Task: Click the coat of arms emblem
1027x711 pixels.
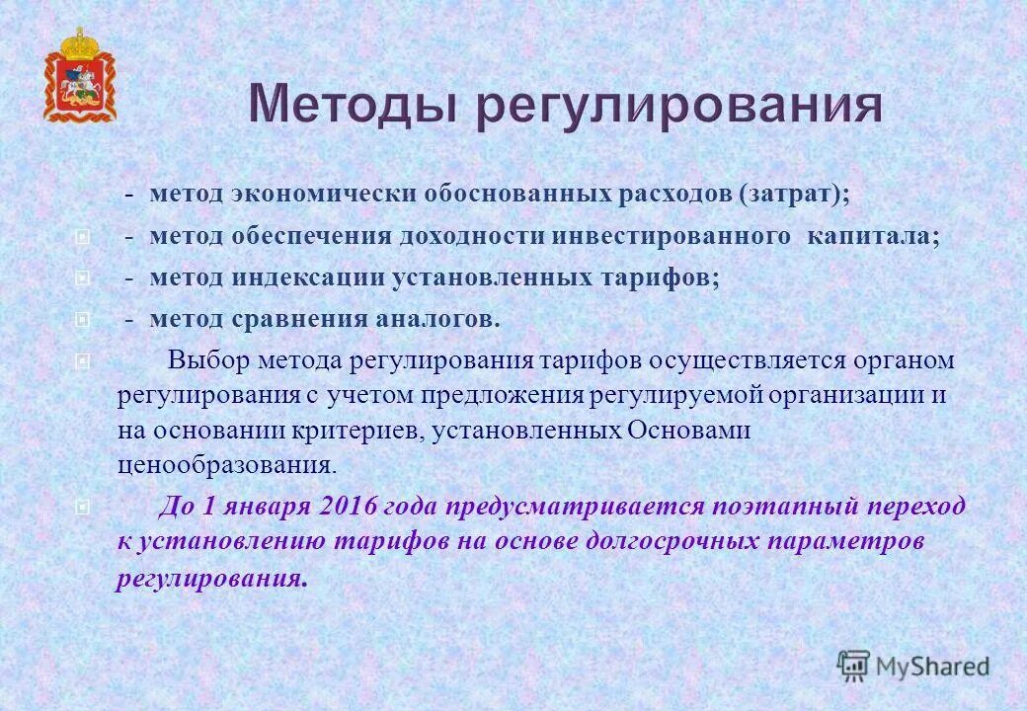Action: click(x=79, y=76)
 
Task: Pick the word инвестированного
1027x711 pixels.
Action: click(x=671, y=237)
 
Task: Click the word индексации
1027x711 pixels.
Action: click(x=307, y=278)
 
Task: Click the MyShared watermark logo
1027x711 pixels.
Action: click(x=912, y=666)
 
